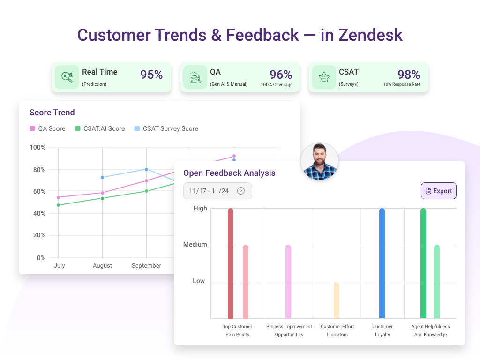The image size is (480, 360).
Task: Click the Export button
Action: point(438,191)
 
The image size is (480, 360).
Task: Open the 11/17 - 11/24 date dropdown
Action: point(217,191)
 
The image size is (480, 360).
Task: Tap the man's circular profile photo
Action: point(319,161)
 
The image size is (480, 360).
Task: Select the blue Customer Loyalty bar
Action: point(382,263)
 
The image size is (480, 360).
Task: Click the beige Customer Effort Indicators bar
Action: point(337,300)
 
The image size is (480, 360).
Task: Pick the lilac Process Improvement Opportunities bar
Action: point(288,281)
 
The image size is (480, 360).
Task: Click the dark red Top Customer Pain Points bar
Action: point(231,263)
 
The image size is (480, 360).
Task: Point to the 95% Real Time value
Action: point(151,75)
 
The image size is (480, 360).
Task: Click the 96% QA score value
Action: point(281,75)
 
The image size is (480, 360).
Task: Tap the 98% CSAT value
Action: point(409,75)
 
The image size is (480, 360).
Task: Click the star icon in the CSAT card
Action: point(324,77)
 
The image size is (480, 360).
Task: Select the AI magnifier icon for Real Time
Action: point(67,77)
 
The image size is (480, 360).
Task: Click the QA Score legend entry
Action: point(47,128)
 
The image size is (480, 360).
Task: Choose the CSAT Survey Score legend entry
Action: point(166,128)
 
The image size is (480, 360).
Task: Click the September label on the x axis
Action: point(146,266)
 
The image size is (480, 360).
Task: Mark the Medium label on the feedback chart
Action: point(195,245)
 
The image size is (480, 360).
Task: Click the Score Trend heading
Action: point(52,112)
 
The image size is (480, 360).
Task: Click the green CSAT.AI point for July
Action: point(58,205)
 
